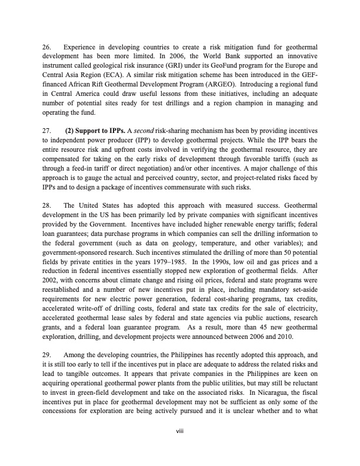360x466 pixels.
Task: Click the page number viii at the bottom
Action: tap(180, 432)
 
